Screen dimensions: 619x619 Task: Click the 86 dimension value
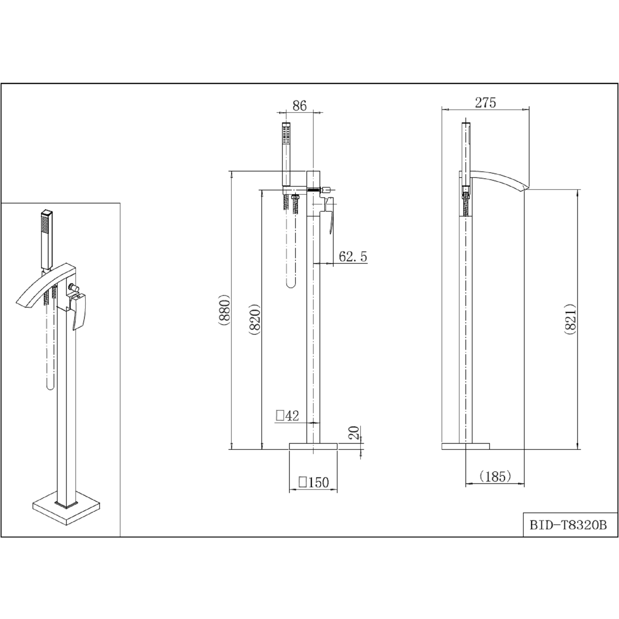[x=300, y=106]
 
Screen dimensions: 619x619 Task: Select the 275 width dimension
[x=485, y=102]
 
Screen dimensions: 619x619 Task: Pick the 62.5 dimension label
[x=353, y=256]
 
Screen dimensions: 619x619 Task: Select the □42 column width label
[x=287, y=416]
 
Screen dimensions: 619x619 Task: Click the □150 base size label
[x=314, y=482]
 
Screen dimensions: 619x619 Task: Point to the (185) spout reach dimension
[x=495, y=476]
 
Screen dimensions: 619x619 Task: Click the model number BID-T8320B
[x=568, y=525]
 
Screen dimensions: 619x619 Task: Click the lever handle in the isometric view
[x=79, y=309]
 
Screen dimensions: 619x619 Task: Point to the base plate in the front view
[x=313, y=446]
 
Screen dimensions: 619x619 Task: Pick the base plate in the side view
[x=465, y=446]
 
